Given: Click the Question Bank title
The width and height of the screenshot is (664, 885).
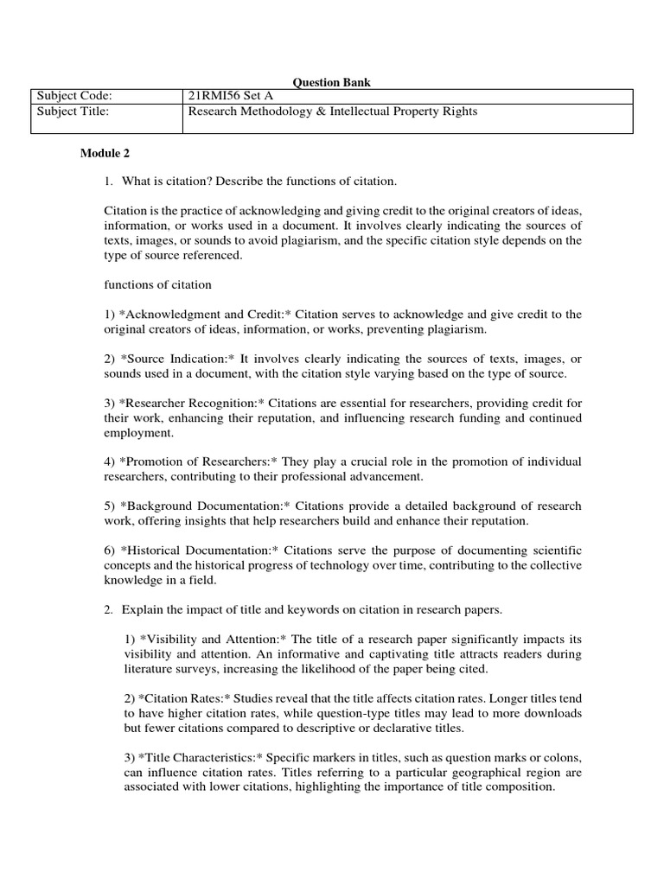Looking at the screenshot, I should click(332, 82).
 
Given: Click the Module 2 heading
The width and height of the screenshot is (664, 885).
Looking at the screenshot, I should click(105, 154).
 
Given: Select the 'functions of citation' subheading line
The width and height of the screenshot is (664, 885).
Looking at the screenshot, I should click(157, 284).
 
